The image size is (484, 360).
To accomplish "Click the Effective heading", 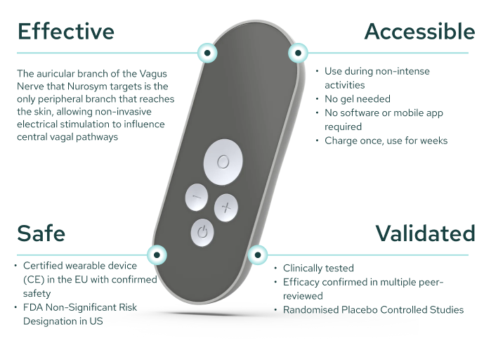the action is coord(66,32).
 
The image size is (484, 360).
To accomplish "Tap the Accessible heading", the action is coord(419,32).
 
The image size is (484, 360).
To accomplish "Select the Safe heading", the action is coord(41,233).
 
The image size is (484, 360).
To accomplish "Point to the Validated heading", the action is coord(425,233).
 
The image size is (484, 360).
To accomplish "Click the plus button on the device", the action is coord(226,207).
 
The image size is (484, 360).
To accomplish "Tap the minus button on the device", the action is coord(196,198).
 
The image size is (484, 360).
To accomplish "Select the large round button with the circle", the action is coord(223,162).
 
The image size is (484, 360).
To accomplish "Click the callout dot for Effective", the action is coord(207,53).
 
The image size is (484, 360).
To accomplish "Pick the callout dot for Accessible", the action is coord(298,53).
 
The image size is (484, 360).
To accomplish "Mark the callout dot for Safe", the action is coord(157,255).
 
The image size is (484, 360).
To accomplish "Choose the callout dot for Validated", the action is coord(257,255).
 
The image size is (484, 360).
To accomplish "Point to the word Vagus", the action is coord(153,74).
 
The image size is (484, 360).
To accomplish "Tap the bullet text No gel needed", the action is coord(358,99).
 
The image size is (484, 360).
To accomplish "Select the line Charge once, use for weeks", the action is coord(386,141).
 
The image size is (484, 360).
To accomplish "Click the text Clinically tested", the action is coord(318,268).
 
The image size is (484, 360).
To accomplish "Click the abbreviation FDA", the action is coord(33,307).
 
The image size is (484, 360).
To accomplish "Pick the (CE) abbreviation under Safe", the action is coord(34,280).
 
